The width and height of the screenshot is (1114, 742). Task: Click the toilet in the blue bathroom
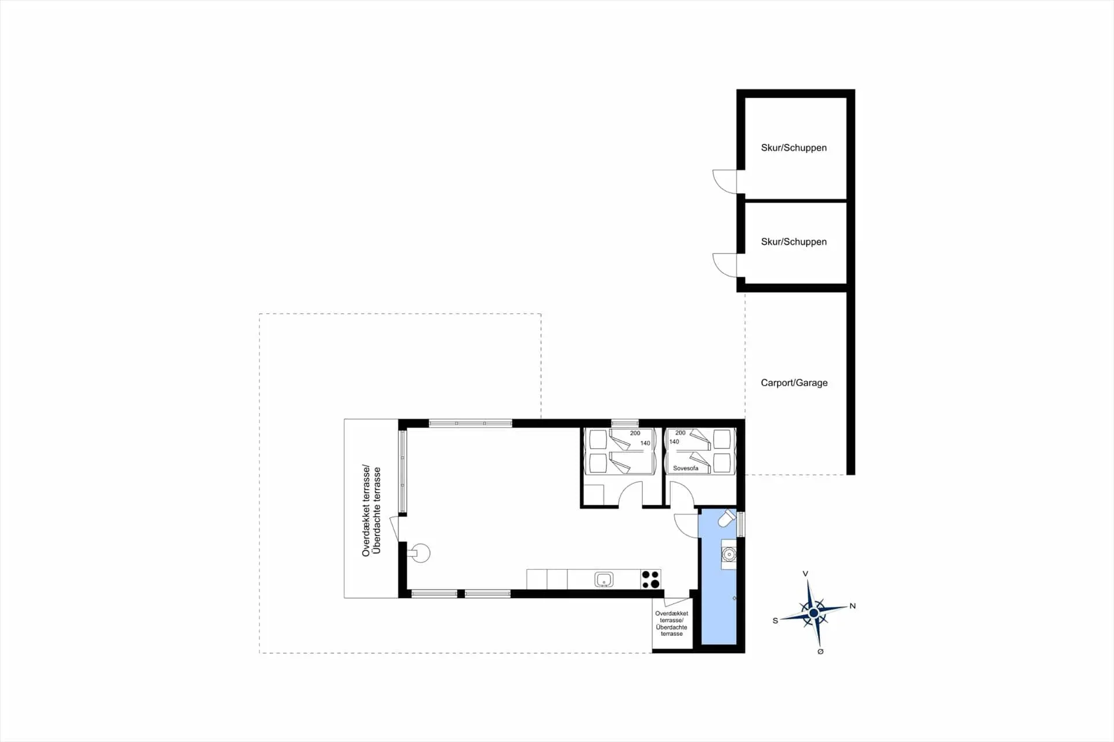[726, 518]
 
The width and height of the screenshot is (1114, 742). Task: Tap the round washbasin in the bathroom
[729, 555]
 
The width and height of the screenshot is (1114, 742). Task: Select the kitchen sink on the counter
[604, 579]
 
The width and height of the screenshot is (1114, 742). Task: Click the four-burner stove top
[651, 579]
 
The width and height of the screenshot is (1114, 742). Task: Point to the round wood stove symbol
[421, 553]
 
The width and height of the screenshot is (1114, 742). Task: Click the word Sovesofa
[685, 468]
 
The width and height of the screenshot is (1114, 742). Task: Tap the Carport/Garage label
[794, 383]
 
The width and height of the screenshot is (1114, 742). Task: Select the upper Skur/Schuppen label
[793, 148]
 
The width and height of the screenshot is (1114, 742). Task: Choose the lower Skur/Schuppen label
[793, 242]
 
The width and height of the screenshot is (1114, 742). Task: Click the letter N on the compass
[852, 606]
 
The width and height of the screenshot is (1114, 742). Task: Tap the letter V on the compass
[805, 574]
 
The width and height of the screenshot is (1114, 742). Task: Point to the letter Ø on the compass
[820, 651]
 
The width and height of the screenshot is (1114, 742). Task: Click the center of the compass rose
[813, 613]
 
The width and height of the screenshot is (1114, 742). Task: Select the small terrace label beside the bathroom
[671, 623]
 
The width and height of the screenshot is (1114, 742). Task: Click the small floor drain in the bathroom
[734, 598]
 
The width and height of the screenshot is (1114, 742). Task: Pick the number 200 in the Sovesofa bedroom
[680, 433]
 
